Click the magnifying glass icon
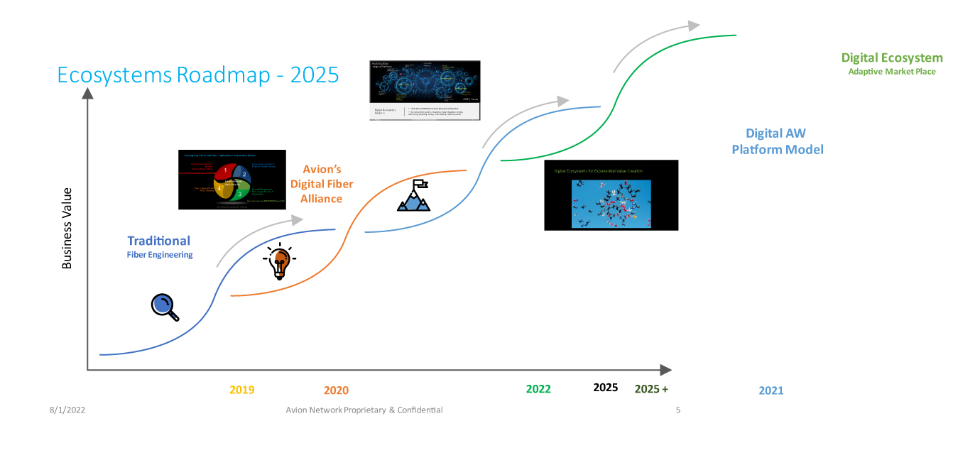pos(164,306)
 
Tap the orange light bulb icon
pos(278,262)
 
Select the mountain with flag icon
pos(413,196)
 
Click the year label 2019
pos(242,390)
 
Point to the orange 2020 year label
pos(336,390)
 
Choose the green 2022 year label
pos(538,389)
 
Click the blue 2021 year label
pos(771,390)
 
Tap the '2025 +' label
pos(651,389)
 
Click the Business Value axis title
pos(67,228)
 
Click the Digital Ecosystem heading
pos(892,58)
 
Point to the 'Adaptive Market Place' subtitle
pos(892,72)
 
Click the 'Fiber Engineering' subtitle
pos(160,255)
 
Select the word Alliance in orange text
pos(321,199)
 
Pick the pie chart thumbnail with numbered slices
pos(232,180)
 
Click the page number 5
pos(678,410)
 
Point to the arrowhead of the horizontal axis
pos(665,370)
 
